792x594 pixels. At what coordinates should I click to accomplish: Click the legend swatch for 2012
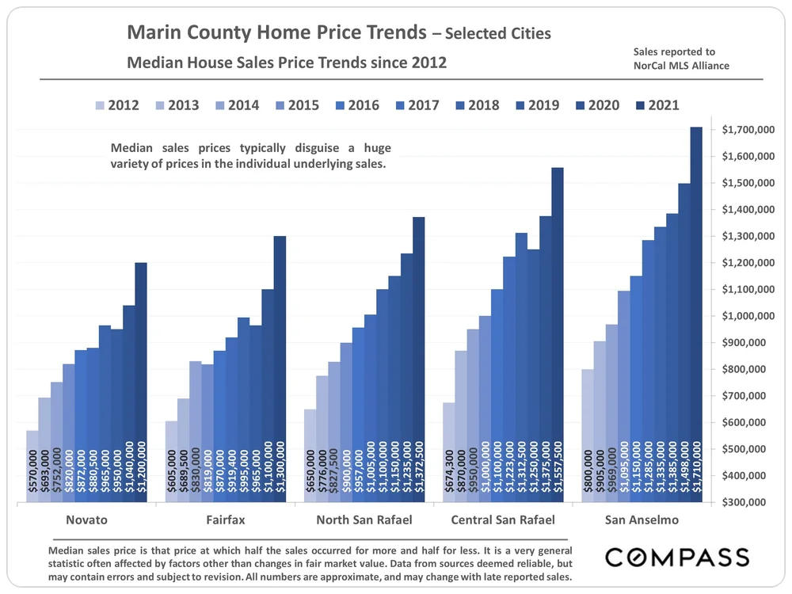(x=99, y=105)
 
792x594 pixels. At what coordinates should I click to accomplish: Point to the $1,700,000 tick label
(x=748, y=130)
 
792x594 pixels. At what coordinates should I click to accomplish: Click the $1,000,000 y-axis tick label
(x=748, y=316)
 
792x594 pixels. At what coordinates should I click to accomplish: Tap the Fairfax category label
(x=225, y=520)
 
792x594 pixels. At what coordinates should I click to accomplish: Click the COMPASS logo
(x=676, y=557)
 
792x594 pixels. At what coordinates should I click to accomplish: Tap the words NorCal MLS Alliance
(x=681, y=66)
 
